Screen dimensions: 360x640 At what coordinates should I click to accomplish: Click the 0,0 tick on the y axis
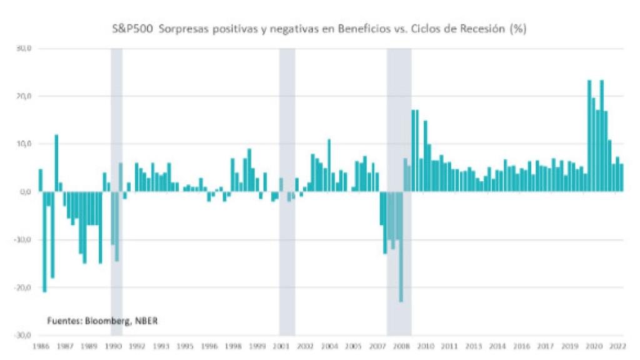coord(25,192)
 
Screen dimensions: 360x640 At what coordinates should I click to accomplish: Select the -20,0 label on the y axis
coord(22,287)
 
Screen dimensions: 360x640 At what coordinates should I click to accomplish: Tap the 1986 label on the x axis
coord(41,345)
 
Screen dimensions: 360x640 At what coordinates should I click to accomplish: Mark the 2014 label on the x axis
coord(497,345)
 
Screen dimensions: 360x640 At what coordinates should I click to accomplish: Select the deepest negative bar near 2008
coord(401,247)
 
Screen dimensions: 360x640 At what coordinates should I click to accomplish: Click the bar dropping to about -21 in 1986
coord(44,241)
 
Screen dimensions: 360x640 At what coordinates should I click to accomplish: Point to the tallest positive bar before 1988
coord(56,163)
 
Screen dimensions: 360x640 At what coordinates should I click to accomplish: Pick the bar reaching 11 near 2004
coord(329,165)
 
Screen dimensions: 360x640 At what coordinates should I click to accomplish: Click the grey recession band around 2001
coord(287,187)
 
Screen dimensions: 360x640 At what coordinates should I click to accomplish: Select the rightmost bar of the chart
coord(621,177)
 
